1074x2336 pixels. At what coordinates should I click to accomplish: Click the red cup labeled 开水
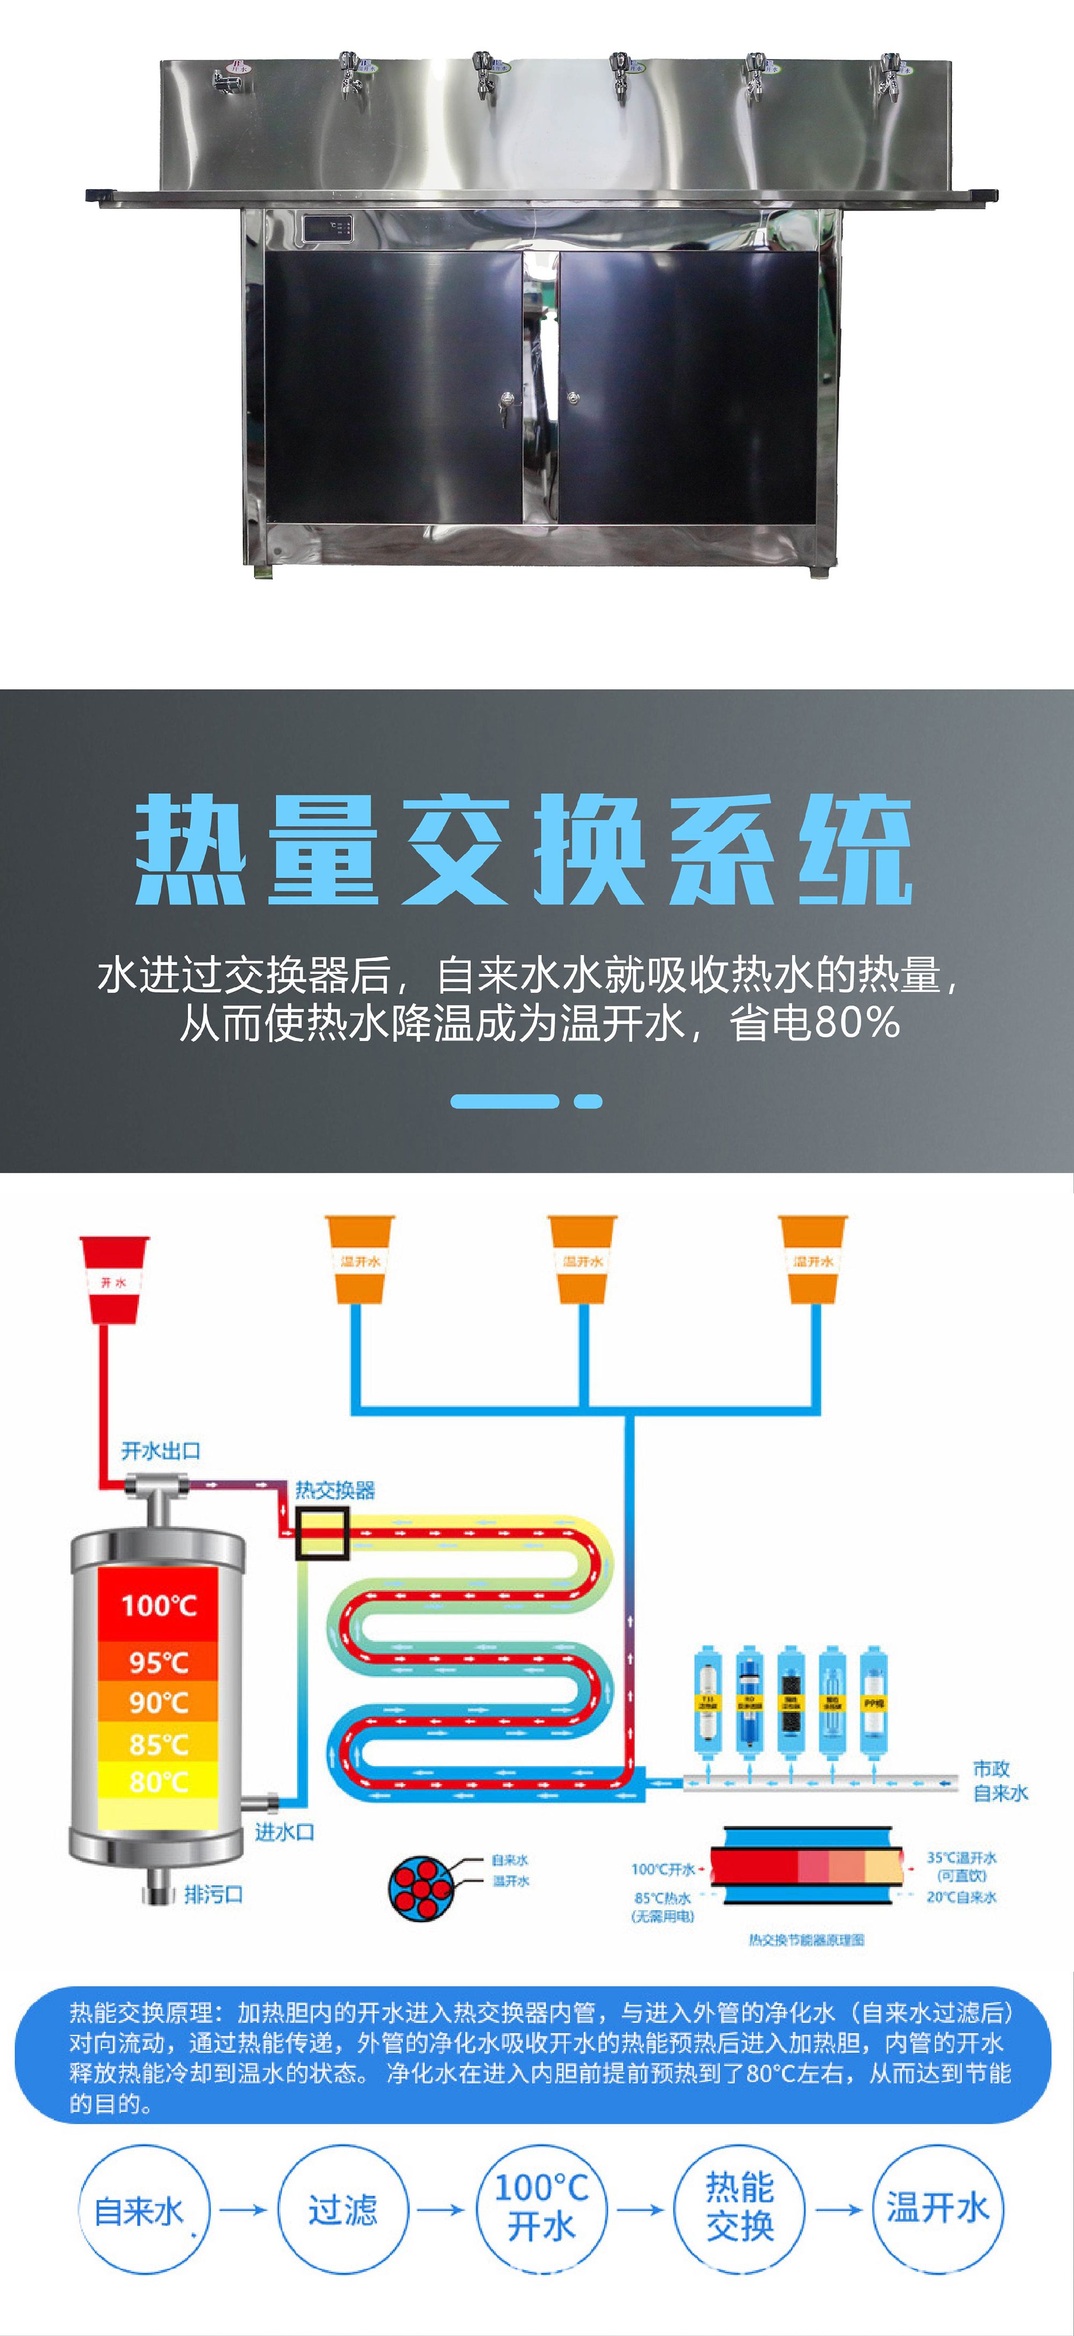(x=114, y=1279)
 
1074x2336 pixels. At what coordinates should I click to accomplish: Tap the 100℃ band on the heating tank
(x=159, y=1605)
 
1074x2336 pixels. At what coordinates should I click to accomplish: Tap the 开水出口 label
(x=161, y=1451)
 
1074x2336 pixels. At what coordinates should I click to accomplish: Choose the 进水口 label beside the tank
(x=284, y=1832)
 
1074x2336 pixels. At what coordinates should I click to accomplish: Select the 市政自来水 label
(x=1001, y=1780)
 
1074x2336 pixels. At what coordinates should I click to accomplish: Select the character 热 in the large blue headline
(x=190, y=850)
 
